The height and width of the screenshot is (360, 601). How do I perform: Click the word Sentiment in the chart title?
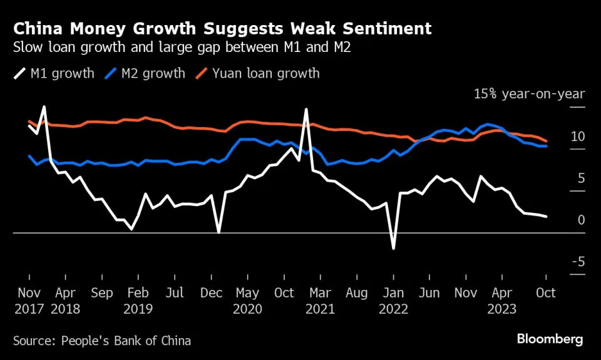click(383, 28)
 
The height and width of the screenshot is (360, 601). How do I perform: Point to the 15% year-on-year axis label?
click(529, 94)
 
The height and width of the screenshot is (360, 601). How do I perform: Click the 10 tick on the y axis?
click(578, 136)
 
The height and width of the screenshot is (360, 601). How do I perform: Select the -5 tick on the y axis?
click(577, 261)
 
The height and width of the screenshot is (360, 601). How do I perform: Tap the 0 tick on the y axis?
click(581, 220)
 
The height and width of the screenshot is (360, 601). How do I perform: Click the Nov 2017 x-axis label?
click(29, 301)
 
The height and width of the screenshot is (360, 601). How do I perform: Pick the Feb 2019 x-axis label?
click(137, 301)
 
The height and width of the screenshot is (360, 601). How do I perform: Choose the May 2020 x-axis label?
click(246, 301)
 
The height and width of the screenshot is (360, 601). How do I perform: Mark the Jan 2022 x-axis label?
click(393, 301)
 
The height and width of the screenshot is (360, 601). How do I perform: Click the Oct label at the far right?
click(546, 292)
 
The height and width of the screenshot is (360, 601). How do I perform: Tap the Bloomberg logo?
click(550, 339)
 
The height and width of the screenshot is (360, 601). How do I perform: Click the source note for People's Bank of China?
click(102, 341)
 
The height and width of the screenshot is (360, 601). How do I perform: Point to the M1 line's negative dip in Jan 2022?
click(393, 249)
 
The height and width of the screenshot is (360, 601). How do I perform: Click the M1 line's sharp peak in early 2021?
click(306, 110)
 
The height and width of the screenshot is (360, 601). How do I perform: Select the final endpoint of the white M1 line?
click(547, 217)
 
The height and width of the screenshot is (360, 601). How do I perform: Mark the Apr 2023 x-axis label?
click(502, 301)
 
